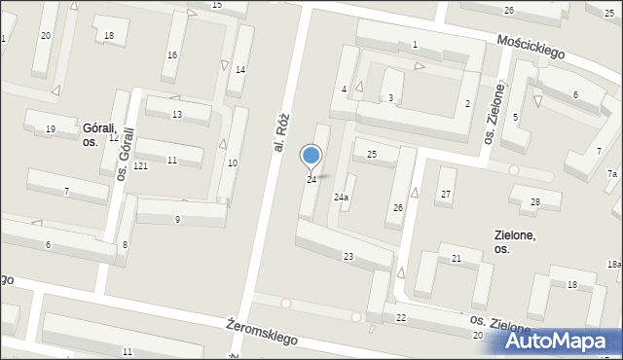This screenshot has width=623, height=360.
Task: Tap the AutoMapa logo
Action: click(x=561, y=342)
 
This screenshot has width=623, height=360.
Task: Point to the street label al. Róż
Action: click(x=282, y=132)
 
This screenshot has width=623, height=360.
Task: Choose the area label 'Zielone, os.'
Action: click(x=515, y=241)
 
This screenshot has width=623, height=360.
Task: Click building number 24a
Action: click(x=341, y=198)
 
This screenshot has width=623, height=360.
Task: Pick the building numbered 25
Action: click(x=371, y=155)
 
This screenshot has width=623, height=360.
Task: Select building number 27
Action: click(x=446, y=195)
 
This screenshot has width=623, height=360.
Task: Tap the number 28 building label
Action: click(x=535, y=202)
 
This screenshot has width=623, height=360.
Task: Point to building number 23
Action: click(x=348, y=256)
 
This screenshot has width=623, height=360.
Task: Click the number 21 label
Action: click(x=456, y=258)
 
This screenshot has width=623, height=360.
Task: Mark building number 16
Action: click(x=172, y=54)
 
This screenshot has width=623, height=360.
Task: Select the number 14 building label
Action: click(x=239, y=69)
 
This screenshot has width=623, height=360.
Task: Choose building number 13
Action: click(x=176, y=115)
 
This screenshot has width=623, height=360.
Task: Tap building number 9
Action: click(x=177, y=220)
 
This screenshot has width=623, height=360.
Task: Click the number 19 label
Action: click(x=50, y=129)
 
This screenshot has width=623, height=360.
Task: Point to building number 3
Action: click(x=390, y=98)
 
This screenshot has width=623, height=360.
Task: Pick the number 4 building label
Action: click(x=344, y=90)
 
